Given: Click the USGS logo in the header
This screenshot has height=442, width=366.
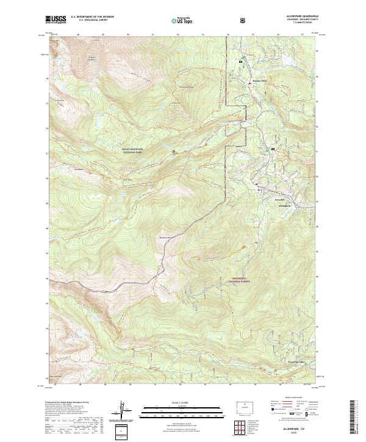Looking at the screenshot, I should [56, 20].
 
